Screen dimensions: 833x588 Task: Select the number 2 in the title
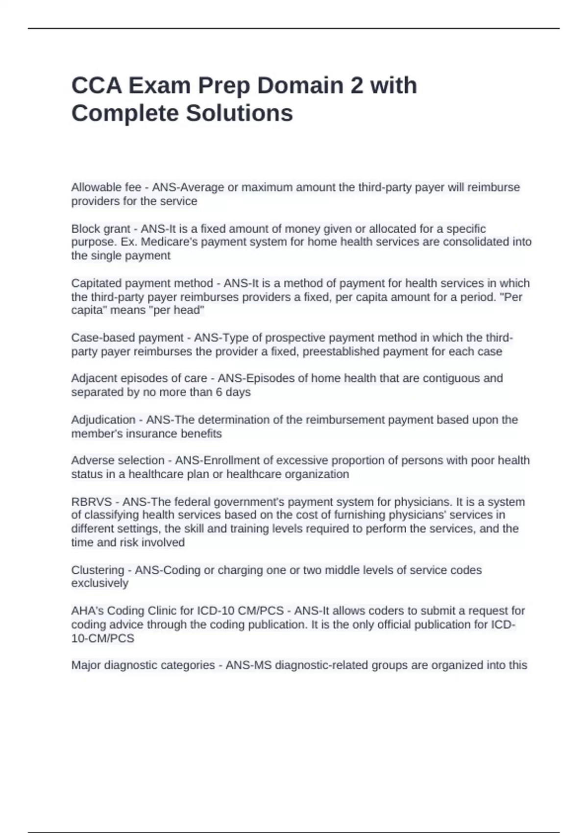click(357, 85)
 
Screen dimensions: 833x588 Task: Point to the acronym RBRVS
click(91, 502)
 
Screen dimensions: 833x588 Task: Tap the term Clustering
click(98, 570)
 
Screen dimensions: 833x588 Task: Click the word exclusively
click(99, 583)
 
